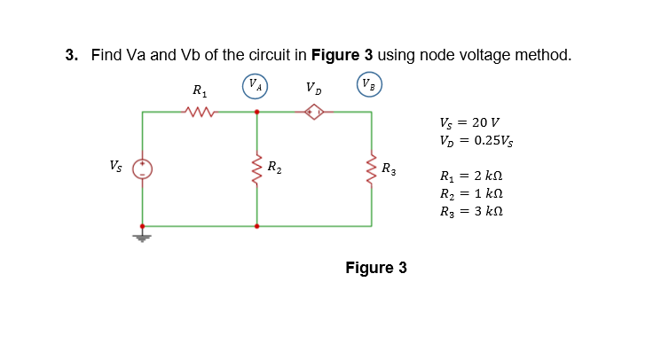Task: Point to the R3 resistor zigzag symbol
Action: (x=371, y=168)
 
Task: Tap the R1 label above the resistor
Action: (x=199, y=90)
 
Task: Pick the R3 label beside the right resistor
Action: (x=389, y=168)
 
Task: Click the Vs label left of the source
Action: (x=116, y=165)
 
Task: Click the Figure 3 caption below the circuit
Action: (x=376, y=268)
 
